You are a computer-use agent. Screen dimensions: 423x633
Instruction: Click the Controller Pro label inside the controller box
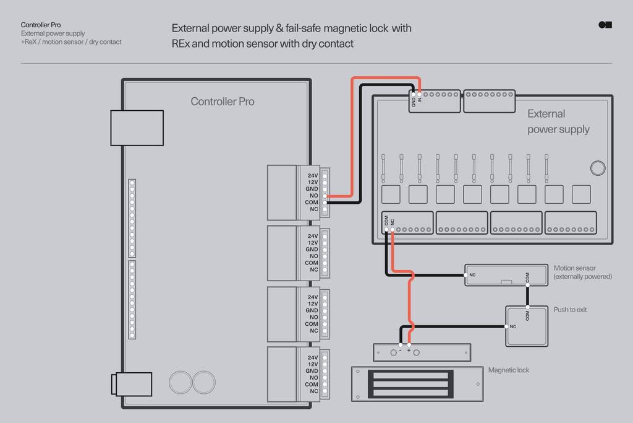pos(222,102)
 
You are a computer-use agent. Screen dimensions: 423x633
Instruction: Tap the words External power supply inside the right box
pos(558,121)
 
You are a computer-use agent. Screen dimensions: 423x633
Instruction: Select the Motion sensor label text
pos(574,268)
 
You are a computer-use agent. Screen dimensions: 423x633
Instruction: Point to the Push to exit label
pos(570,310)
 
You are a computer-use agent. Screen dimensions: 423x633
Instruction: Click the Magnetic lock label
pos(508,370)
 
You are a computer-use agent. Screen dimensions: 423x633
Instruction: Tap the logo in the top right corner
pos(605,25)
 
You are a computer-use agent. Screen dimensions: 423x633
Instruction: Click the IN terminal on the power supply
pos(420,95)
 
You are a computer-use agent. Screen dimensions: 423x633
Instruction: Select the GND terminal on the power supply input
pos(414,95)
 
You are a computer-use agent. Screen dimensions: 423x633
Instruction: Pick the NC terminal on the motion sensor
pos(465,274)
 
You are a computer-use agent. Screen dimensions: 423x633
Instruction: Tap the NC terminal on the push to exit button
pos(506,326)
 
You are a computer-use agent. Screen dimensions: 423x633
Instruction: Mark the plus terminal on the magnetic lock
pos(409,344)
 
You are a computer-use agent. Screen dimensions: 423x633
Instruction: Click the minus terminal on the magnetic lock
pos(401,344)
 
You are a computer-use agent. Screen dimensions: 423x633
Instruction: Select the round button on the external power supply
pos(597,168)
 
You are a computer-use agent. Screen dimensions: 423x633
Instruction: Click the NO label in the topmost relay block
pos(313,196)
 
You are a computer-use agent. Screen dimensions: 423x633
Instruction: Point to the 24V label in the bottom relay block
pos(313,357)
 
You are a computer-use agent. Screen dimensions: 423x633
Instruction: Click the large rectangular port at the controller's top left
pos(137,128)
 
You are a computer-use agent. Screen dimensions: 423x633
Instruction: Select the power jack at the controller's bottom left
pos(131,383)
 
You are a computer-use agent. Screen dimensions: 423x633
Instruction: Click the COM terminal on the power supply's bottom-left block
pos(386,230)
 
